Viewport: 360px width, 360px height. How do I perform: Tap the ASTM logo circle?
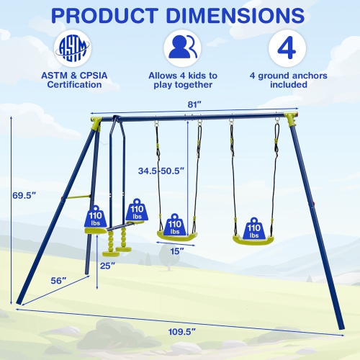(72, 48)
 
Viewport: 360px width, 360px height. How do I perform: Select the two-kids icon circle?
(181, 48)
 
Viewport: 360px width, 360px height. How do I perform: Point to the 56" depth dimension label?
(60, 279)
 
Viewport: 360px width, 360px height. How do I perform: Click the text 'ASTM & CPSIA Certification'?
(73, 80)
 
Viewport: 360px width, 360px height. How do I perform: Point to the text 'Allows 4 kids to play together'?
(182, 80)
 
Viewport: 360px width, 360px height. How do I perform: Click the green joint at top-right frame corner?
(291, 117)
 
